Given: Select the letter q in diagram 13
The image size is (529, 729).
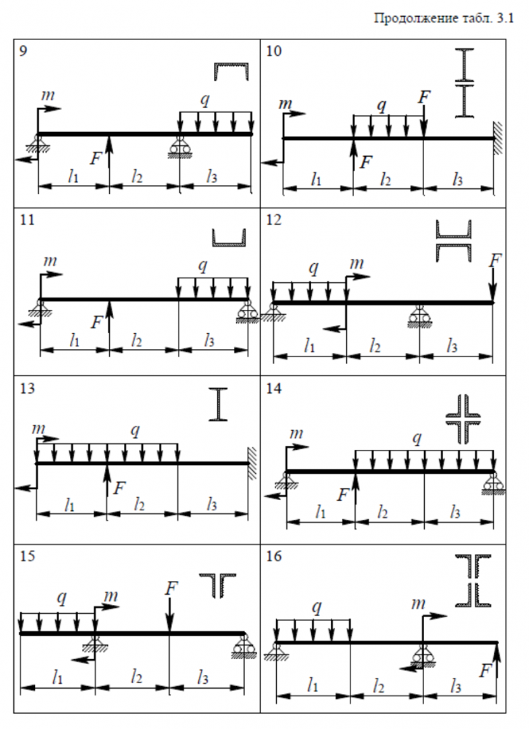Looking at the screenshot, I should [135, 431].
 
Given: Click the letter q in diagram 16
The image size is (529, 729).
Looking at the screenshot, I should [316, 607].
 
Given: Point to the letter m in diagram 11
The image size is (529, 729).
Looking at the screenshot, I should [50, 260].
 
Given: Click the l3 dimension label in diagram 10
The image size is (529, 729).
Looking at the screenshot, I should [458, 177].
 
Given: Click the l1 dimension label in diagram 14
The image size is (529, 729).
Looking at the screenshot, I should [321, 512].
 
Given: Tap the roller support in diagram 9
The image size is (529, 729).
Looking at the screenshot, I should [179, 149].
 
